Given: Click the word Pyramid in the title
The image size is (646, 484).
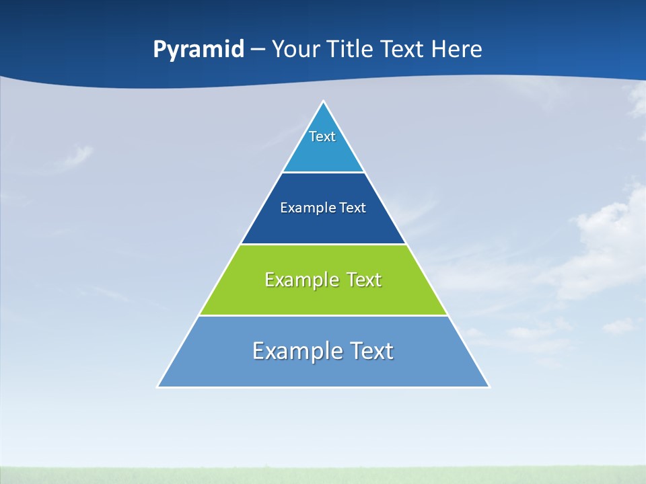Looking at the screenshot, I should click(198, 50).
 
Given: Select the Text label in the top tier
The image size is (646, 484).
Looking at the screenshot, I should click(322, 136).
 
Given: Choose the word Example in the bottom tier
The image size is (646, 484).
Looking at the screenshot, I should click(296, 351).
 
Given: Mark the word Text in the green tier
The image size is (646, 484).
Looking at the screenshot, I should click(363, 280).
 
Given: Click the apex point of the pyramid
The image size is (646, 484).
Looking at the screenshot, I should click(323, 102).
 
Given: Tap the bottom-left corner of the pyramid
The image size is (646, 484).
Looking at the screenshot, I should click(158, 387).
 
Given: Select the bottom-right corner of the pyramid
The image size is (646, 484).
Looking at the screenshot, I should click(489, 387).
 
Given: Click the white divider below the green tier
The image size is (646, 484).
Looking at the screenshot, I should click(323, 315).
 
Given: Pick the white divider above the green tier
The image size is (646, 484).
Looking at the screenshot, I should click(323, 244).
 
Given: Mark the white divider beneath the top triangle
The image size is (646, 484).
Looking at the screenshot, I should click(323, 173).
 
